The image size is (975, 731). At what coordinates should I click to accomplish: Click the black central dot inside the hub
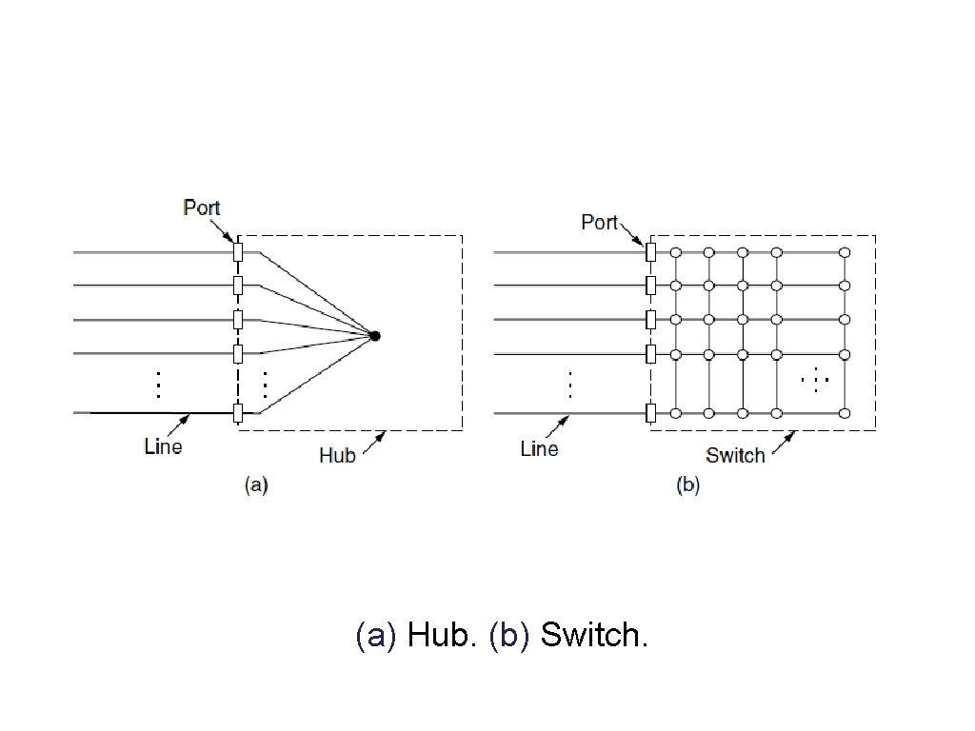coord(375,335)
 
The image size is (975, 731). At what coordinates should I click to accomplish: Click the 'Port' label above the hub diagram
coord(202,207)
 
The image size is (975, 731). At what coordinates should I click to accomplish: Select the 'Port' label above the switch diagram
coord(600,222)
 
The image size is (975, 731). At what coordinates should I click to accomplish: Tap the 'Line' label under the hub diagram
coord(163,445)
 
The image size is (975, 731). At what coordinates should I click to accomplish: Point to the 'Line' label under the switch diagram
coord(540,448)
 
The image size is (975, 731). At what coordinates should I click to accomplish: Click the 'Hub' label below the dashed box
coord(337,455)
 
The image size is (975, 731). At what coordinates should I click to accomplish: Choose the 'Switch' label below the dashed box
coord(735,455)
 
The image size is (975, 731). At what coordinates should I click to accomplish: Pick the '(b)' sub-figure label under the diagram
coord(687,485)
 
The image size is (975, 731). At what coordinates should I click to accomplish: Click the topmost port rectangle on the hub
coord(238,252)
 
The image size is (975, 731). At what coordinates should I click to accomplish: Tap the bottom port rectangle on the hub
coord(238,413)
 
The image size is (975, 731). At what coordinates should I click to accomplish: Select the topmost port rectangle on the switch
coord(650,252)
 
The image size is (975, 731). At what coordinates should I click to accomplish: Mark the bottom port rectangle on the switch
coord(650,413)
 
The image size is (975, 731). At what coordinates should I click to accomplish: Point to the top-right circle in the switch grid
coord(845,252)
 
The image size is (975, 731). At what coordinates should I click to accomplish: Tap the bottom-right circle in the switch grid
coord(845,413)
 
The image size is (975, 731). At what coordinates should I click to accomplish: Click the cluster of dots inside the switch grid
coord(816,381)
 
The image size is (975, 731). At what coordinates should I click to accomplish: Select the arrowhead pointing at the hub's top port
coord(229,238)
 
